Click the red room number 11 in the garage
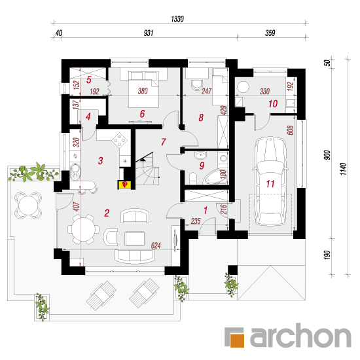(270, 184)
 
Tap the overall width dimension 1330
(177, 19)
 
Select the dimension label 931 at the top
(149, 33)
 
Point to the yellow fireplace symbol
(124, 185)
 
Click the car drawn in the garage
(270, 181)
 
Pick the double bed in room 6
(143, 90)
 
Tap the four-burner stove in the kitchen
(119, 139)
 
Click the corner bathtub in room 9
(215, 176)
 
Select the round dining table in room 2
(84, 229)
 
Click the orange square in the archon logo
(237, 339)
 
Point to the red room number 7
(163, 142)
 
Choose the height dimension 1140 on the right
(343, 169)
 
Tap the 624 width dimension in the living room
(156, 245)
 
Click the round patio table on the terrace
(28, 206)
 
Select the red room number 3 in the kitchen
(100, 161)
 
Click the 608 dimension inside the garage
(290, 130)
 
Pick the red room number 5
(89, 80)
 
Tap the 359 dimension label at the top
(270, 33)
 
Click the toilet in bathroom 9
(193, 179)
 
